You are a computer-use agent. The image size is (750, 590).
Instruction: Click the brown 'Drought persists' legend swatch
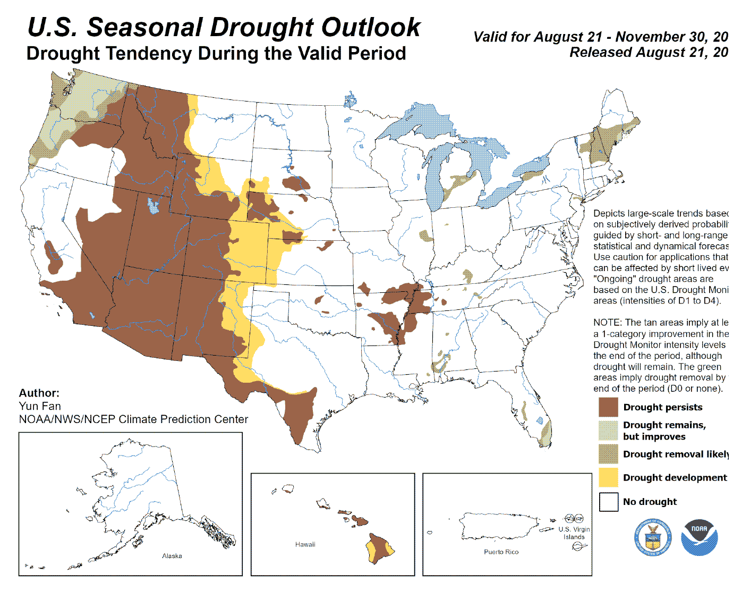(608, 407)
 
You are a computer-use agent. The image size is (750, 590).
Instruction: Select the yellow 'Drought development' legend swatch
(608, 477)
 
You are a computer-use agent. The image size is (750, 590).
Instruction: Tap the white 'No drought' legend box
(608, 502)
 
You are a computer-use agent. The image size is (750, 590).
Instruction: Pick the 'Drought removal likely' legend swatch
(608, 454)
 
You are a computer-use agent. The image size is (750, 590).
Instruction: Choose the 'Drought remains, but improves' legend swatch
(608, 431)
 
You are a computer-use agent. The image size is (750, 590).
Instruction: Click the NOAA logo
(699, 537)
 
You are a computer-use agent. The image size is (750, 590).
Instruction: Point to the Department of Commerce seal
(652, 537)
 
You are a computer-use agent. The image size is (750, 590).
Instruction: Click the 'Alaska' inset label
(172, 556)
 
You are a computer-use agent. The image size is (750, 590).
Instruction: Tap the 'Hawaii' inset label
(305, 544)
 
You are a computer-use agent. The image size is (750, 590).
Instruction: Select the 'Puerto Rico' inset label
(501, 552)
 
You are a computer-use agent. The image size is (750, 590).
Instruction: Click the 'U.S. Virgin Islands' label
(574, 533)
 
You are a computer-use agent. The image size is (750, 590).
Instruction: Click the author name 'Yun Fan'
(40, 406)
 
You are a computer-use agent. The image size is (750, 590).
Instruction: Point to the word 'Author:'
(39, 393)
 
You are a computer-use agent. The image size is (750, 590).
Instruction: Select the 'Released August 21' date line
(648, 53)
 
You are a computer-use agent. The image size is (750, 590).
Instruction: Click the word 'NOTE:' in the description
(607, 323)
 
